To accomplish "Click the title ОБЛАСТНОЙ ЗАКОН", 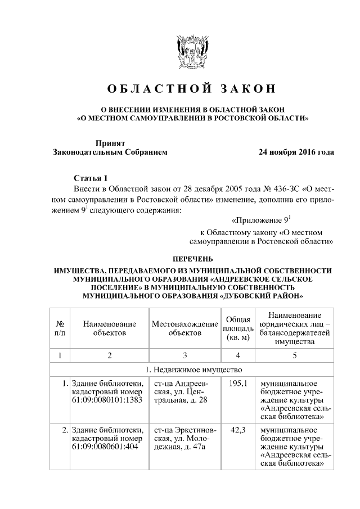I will tap(191, 89).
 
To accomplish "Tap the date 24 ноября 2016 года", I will tap(296, 152).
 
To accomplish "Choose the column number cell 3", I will tap(184, 355).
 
